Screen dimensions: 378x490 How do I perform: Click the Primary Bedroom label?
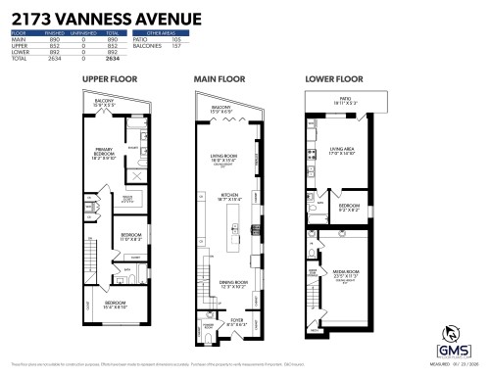coord(103,151)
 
